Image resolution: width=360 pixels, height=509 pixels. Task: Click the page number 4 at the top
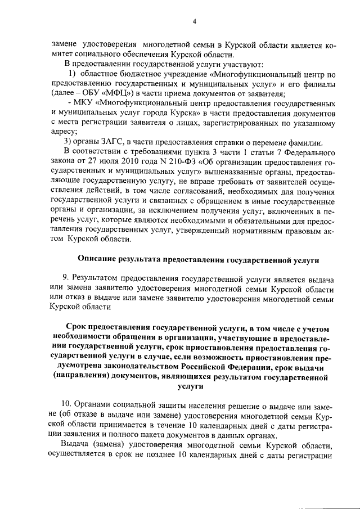click(x=194, y=21)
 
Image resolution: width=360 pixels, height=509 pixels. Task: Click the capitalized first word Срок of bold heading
click(x=77, y=327)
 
